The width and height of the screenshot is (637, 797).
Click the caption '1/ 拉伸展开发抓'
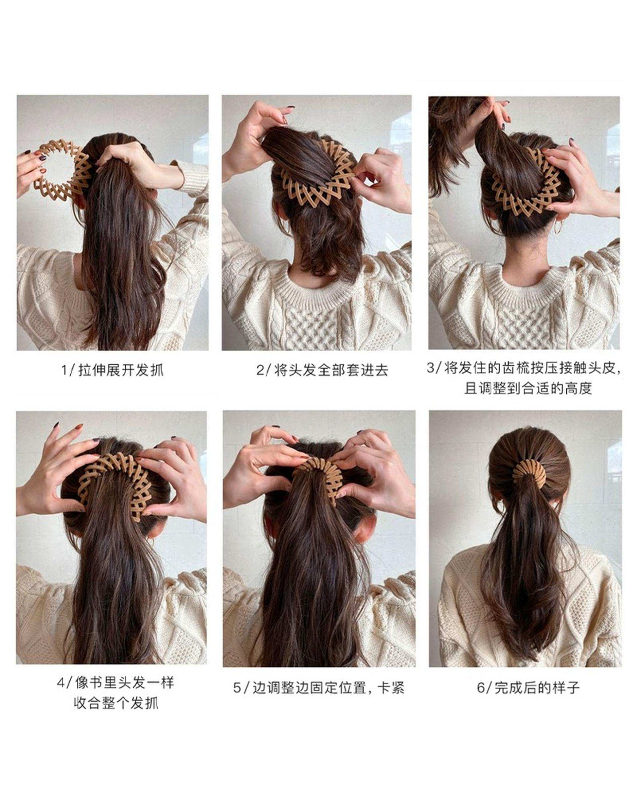pos(112,370)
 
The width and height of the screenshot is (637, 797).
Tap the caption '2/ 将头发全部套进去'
pos(322,370)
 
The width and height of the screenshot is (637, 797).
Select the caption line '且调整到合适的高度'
pos(528,389)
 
